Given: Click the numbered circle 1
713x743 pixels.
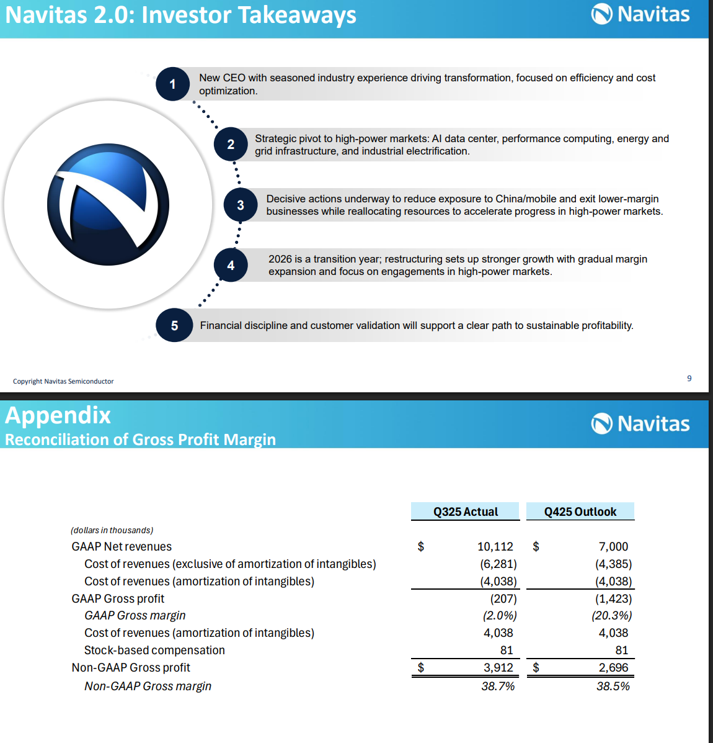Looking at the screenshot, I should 172,84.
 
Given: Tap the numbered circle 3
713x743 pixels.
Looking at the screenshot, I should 241,205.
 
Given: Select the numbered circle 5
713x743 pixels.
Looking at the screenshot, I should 174,325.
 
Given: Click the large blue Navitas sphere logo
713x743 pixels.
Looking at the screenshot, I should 108,205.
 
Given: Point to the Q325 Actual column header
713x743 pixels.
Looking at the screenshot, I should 465,511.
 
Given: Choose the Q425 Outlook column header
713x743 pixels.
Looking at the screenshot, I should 580,511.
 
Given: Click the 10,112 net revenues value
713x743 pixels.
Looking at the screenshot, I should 495,546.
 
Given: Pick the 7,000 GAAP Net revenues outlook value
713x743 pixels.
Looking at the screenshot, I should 613,546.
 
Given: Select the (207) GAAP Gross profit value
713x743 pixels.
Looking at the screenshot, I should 503,598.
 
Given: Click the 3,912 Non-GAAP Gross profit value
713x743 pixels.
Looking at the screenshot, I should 498,667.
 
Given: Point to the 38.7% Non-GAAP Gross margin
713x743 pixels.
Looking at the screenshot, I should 498,686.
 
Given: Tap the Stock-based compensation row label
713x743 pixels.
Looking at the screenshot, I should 154,650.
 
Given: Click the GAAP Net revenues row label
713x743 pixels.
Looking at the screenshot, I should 122,546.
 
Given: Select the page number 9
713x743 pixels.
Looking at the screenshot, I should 689,378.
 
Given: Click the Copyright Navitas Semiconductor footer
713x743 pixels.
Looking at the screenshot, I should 63,381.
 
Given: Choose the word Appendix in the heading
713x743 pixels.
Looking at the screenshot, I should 58,415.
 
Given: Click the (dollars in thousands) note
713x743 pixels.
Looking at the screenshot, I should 112,530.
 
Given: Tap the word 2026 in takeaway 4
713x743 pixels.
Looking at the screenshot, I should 280,259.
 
